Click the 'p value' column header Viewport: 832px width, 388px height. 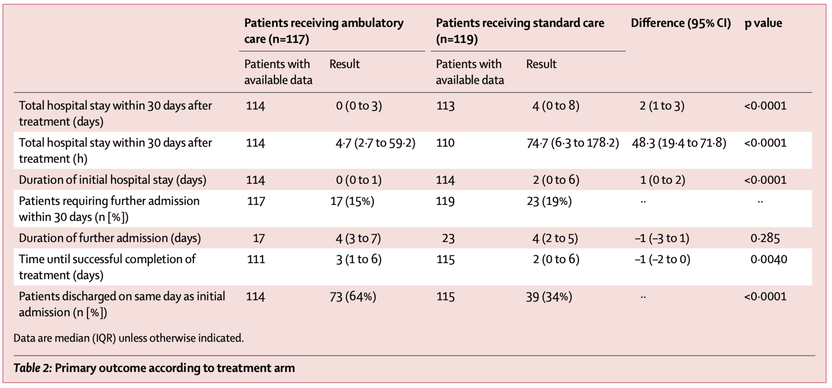(x=763, y=23)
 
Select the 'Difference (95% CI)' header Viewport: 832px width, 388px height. (x=680, y=23)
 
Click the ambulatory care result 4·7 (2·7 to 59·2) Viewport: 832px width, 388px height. (x=375, y=143)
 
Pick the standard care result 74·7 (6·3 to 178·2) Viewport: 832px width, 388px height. (x=572, y=143)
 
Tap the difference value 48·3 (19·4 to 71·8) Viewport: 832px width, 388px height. (x=679, y=143)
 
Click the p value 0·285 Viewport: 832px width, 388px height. (x=765, y=238)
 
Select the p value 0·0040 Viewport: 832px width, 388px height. (x=769, y=259)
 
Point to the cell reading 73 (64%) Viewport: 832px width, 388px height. (x=353, y=297)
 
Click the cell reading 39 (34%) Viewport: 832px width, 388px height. (x=549, y=297)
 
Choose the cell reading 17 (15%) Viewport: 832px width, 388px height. (x=352, y=201)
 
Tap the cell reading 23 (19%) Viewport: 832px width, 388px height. (x=549, y=201)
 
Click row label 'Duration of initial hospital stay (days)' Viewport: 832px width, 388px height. (x=113, y=180)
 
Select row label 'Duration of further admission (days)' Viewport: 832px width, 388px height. (x=110, y=238)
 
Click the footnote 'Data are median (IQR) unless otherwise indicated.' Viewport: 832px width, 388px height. (x=128, y=338)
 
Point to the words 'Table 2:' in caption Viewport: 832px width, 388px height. (x=32, y=368)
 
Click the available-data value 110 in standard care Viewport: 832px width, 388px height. (x=445, y=143)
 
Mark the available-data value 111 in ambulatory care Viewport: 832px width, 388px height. (x=256, y=259)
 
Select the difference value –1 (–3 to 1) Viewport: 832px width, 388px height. (x=662, y=238)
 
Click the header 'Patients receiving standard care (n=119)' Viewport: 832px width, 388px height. (x=520, y=31)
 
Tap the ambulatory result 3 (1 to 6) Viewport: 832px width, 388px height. (x=358, y=259)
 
